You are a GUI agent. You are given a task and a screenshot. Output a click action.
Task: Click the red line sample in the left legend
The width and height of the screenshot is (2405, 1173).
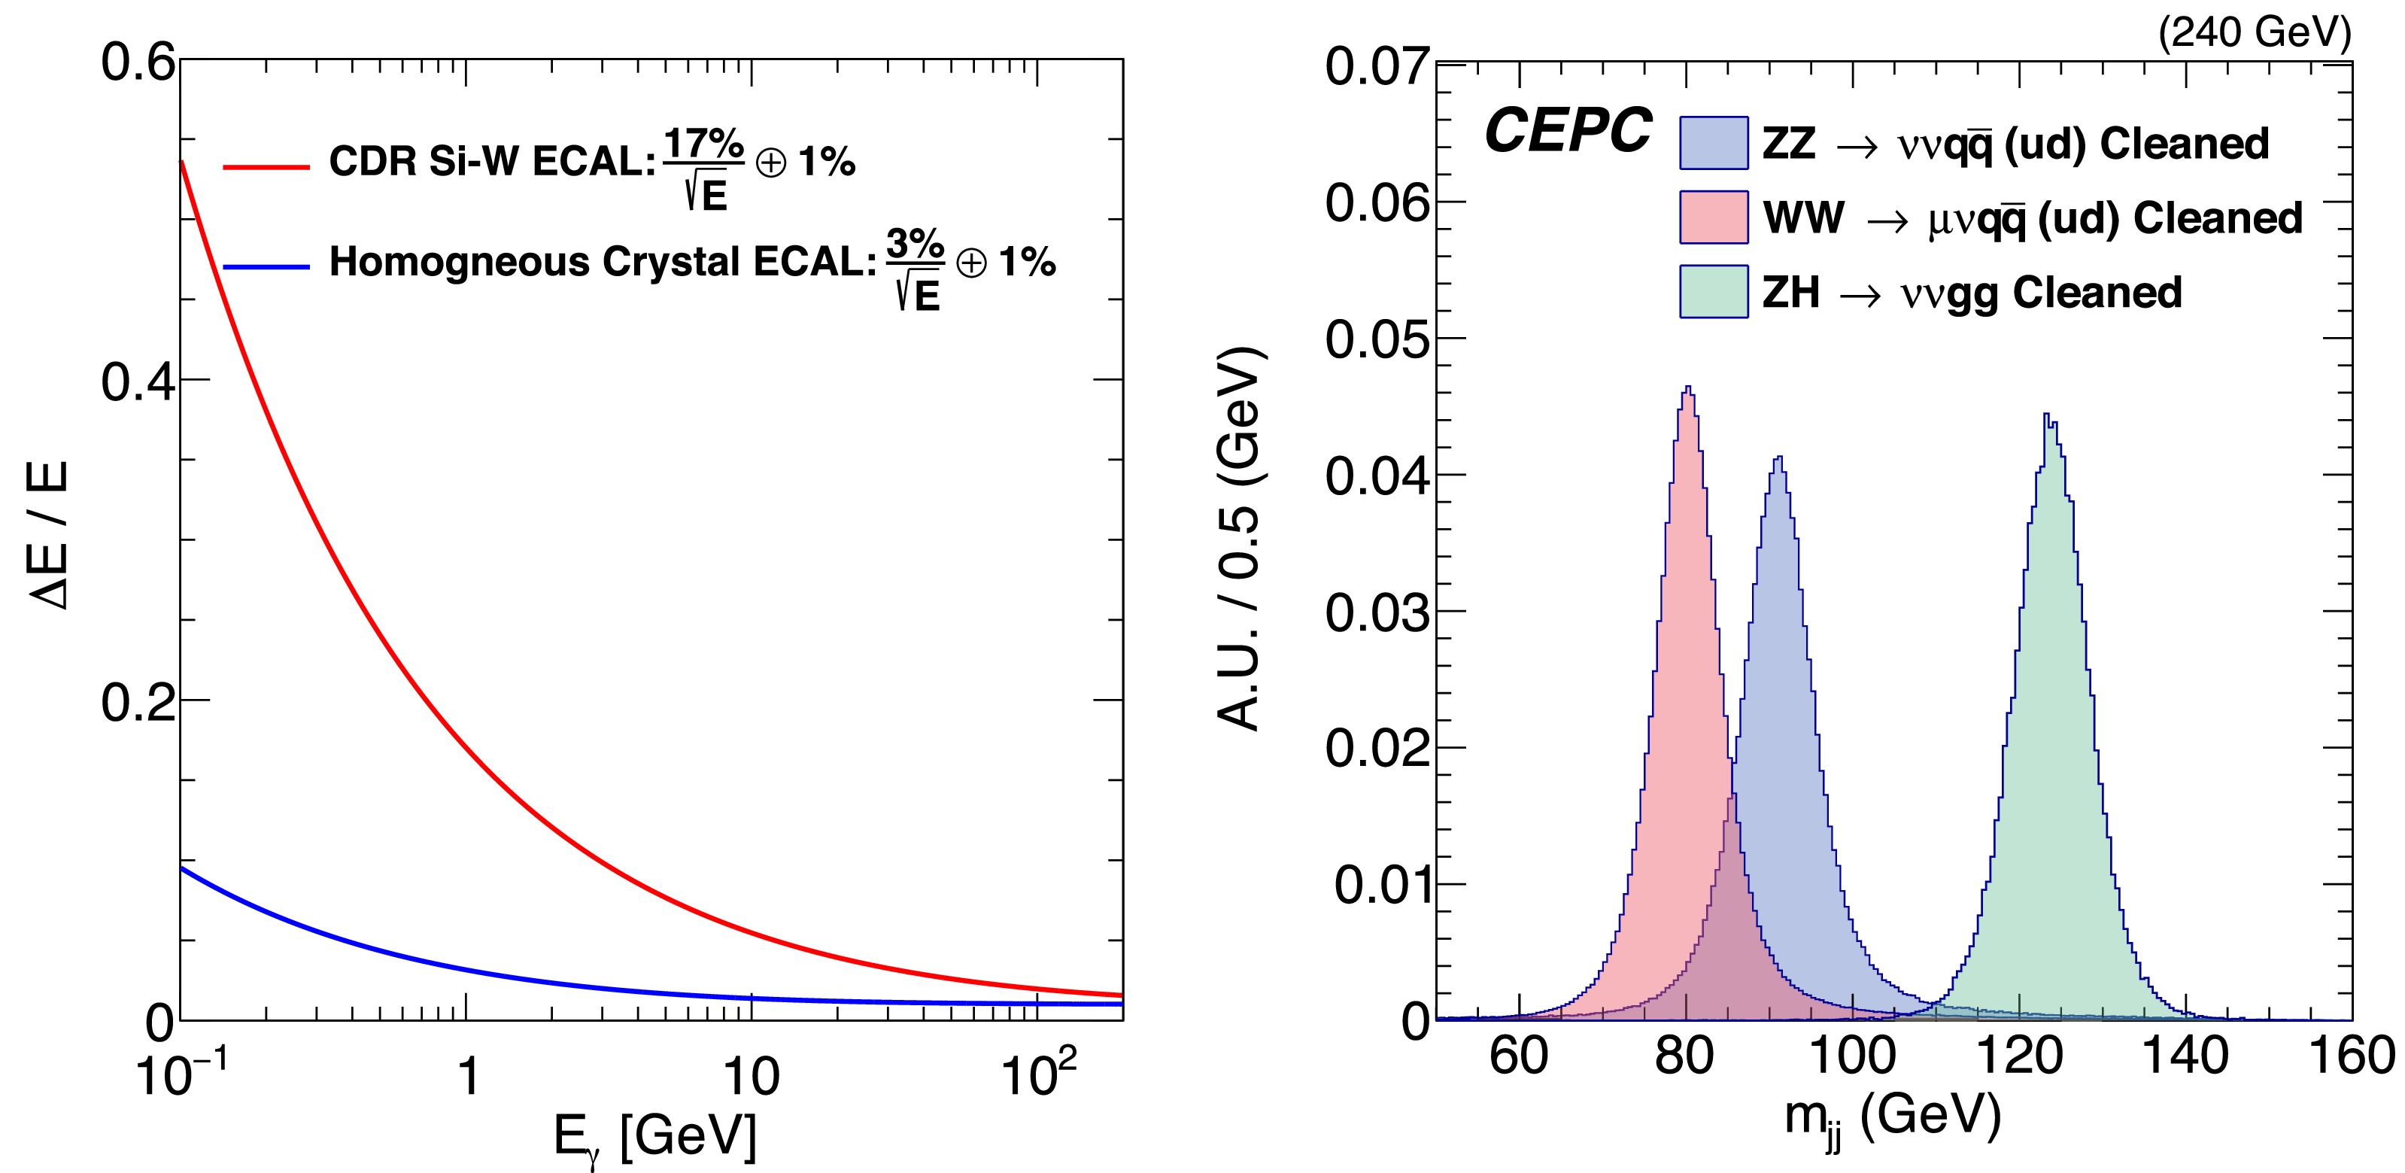(266, 167)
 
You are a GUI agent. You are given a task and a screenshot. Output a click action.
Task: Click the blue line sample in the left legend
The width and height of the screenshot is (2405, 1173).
(266, 267)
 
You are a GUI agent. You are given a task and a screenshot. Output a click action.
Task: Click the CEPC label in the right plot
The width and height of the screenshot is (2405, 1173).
(1568, 130)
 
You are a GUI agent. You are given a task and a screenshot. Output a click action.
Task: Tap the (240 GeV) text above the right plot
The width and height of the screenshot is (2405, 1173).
(2254, 32)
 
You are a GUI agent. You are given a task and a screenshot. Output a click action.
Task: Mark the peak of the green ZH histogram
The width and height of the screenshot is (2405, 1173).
(2045, 415)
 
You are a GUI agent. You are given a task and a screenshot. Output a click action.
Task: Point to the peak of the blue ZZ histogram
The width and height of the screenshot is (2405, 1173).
(1779, 457)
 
